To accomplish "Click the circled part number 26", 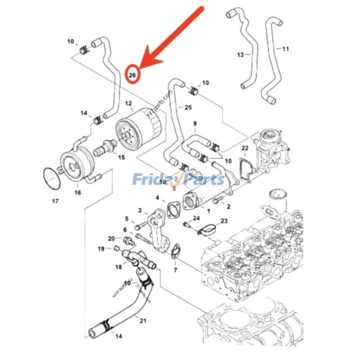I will (x=132, y=75).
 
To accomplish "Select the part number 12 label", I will (x=128, y=103).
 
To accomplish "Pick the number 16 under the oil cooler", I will (x=77, y=193).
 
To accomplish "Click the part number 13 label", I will (x=240, y=54).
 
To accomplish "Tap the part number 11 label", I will (x=285, y=49).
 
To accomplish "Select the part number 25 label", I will (x=188, y=108).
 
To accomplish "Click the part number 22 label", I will (x=244, y=148).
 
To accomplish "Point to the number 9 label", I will (x=195, y=123).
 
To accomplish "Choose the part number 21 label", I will (x=143, y=320).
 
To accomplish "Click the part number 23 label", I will (x=224, y=221).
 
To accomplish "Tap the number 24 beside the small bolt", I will (x=196, y=218).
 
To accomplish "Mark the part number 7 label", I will (x=175, y=270).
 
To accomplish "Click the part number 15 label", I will (x=121, y=157).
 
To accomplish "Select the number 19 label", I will (x=101, y=248).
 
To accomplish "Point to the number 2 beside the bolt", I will (x=229, y=207).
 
